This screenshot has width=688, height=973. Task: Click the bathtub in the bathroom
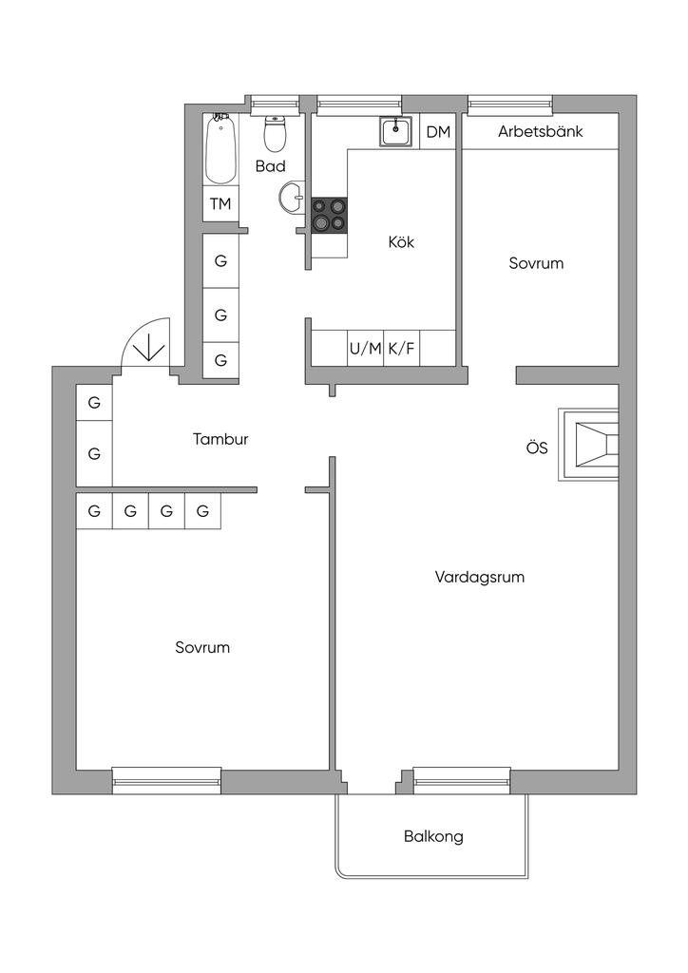click(220, 149)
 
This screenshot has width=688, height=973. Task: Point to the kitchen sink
click(395, 132)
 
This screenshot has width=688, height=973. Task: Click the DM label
click(438, 132)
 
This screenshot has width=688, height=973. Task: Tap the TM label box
click(220, 203)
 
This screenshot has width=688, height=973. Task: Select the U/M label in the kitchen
click(365, 349)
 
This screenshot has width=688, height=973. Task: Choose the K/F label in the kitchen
click(401, 349)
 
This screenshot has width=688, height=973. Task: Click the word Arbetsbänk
click(540, 132)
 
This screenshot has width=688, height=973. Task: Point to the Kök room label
click(401, 242)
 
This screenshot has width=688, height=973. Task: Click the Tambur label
click(220, 439)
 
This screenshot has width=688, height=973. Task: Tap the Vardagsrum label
click(480, 577)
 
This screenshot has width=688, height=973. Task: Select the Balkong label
click(433, 837)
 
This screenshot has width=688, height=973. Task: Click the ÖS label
click(537, 448)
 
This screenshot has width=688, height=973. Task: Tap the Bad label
click(271, 166)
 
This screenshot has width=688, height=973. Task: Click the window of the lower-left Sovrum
click(166, 781)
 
